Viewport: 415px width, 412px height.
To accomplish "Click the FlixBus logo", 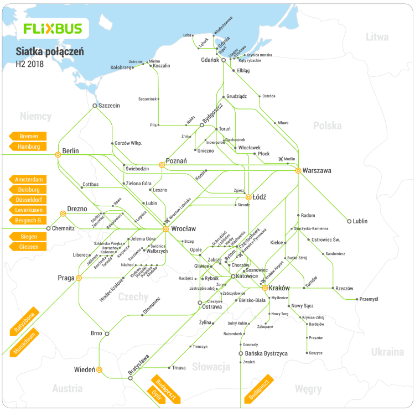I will coord(53,28).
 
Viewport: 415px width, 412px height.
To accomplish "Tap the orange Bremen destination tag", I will coord(28,136).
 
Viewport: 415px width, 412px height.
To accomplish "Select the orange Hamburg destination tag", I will coord(28,147).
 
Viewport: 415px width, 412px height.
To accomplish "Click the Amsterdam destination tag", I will coord(28,180).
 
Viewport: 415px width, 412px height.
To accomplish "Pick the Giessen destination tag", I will coord(28,246).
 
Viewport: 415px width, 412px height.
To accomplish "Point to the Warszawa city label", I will coord(317,171).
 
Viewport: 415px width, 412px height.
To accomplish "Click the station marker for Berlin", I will coord(58,155).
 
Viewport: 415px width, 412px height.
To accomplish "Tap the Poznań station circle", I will coord(162,165).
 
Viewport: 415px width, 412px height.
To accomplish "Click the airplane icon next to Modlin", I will coord(280,159).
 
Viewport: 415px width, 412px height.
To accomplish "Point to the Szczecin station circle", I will coord(95,106).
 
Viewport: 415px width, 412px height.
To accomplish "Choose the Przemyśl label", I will coord(368,299).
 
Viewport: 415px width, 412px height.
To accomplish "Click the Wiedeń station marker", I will coord(100,369).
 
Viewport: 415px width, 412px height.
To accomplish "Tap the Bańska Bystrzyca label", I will coord(266,353).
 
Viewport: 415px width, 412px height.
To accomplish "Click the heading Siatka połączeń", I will coord(50,51).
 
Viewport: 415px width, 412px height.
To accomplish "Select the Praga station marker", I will coord(79,278).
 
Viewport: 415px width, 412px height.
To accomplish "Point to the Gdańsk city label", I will coord(211,60).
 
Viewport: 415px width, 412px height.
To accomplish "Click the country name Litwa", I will coord(377,37).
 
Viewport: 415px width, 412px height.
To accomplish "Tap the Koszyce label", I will coord(316,353).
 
